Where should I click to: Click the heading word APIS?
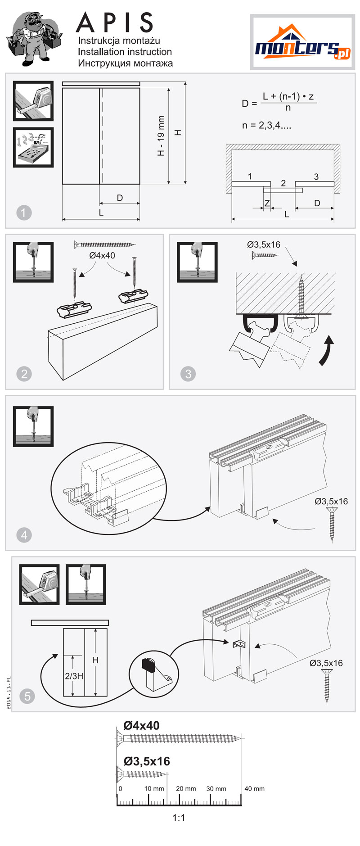(115, 23)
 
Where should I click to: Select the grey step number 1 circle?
(24, 213)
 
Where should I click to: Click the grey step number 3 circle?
(188, 374)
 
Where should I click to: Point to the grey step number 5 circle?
(27, 696)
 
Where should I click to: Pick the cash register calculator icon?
(33, 147)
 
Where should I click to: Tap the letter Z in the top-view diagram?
(267, 204)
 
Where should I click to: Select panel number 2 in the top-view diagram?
(283, 183)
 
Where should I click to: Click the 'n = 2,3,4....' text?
(266, 126)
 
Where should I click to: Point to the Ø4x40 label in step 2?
(102, 255)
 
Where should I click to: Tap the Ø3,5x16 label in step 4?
(331, 501)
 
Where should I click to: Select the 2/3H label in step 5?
(74, 676)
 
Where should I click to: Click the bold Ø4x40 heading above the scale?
(141, 725)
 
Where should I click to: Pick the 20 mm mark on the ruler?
(186, 788)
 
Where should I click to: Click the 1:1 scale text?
(179, 818)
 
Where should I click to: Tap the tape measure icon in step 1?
(33, 101)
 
